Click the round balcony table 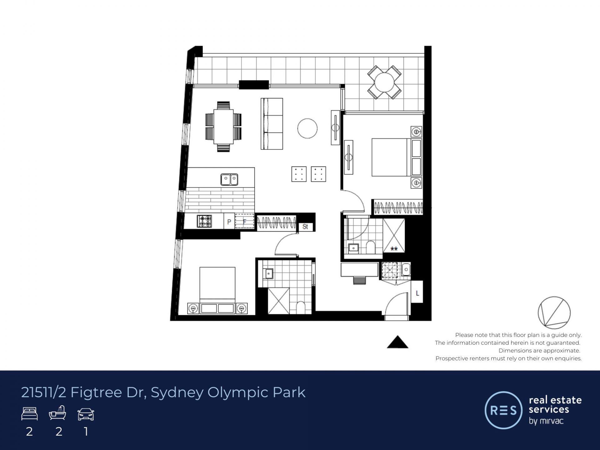pyautogui.click(x=384, y=82)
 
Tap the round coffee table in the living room pyautogui.click(x=307, y=128)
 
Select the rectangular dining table pyautogui.click(x=223, y=127)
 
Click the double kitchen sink pyautogui.click(x=229, y=180)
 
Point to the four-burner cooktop pyautogui.click(x=204, y=221)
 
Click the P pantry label pyautogui.click(x=229, y=222)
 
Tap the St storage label pyautogui.click(x=305, y=227)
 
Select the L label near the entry pyautogui.click(x=417, y=293)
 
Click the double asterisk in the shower pyautogui.click(x=394, y=249)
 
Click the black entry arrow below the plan pyautogui.click(x=397, y=342)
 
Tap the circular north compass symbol pyautogui.click(x=554, y=312)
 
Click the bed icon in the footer pyautogui.click(x=29, y=414)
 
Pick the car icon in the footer pyautogui.click(x=86, y=414)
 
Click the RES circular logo pyautogui.click(x=503, y=410)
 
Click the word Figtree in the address pyautogui.click(x=96, y=392)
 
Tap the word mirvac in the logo pyautogui.click(x=551, y=421)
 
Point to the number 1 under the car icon pyautogui.click(x=86, y=432)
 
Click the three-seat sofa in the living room pyautogui.click(x=272, y=124)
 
